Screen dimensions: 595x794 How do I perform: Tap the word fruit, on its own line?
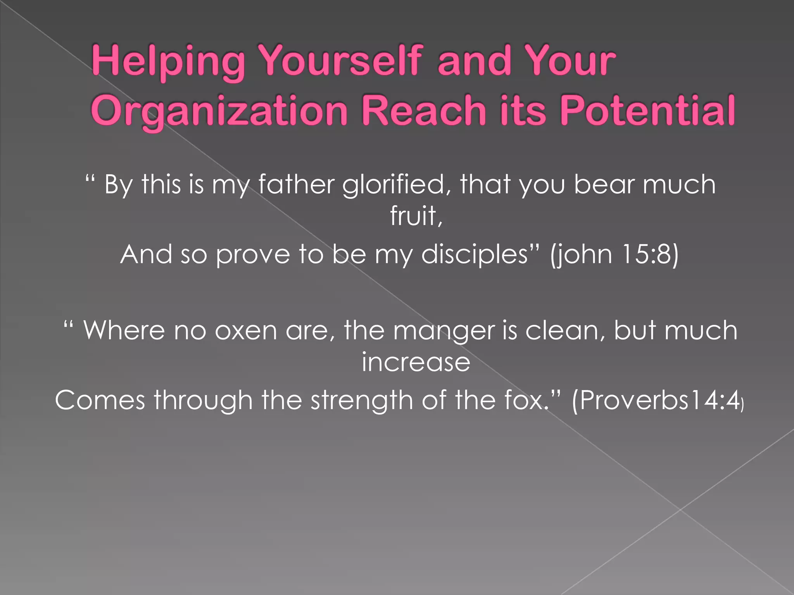[416, 216]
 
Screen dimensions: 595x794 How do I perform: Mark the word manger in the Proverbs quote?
[444, 331]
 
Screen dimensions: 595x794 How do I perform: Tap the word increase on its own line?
[416, 362]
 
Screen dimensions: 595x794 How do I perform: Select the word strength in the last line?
[362, 400]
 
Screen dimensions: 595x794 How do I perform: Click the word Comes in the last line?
[100, 400]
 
